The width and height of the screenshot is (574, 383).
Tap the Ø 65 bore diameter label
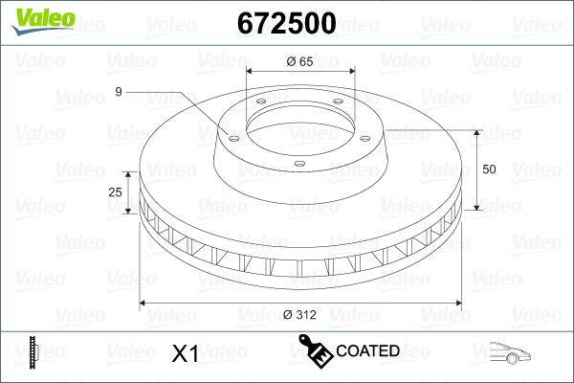(300, 61)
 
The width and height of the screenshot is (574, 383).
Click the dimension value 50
(490, 169)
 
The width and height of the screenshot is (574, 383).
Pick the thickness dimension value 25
(116, 192)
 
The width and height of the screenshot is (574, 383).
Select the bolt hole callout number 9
(118, 92)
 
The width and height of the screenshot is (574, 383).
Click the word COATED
(367, 351)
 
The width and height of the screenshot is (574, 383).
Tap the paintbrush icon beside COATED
(316, 351)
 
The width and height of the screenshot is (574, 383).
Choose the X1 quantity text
(184, 353)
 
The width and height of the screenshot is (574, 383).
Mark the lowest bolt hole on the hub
(298, 164)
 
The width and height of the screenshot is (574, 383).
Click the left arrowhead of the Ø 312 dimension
(144, 304)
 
